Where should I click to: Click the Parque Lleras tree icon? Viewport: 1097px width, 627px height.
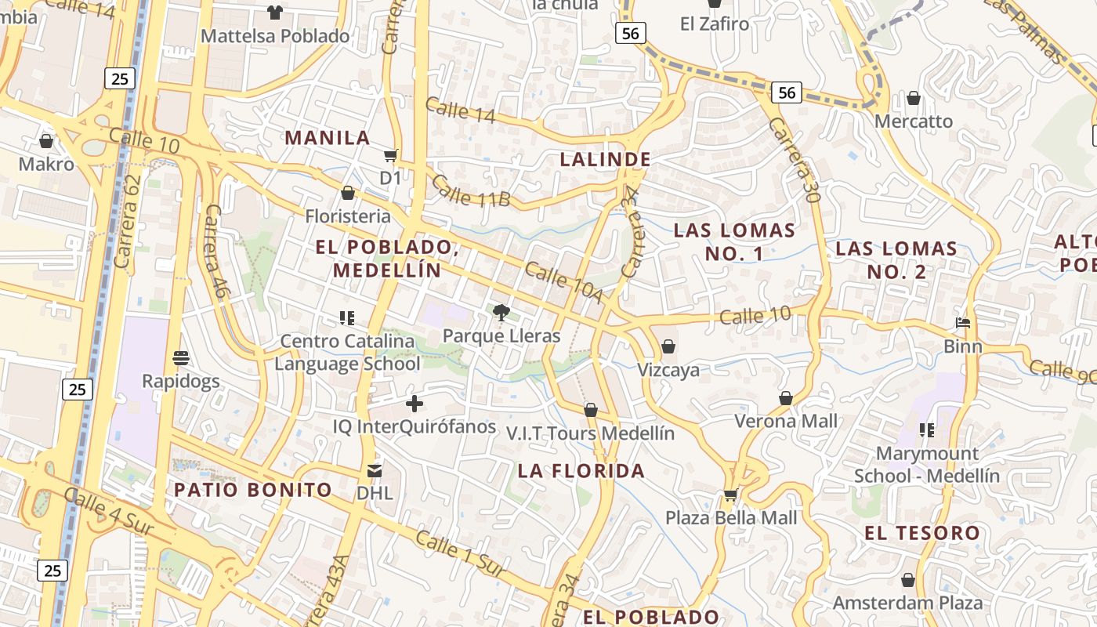point(501,313)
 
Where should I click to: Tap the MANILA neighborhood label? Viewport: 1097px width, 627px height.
point(327,138)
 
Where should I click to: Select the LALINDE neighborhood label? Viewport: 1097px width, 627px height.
point(605,159)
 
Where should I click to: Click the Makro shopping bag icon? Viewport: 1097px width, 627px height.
point(46,141)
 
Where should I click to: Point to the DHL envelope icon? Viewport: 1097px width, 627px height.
point(375,470)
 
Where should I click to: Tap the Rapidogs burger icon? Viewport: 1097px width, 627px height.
point(181,358)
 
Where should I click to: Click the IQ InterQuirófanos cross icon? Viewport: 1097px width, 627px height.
point(415,404)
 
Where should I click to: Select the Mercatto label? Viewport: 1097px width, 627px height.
point(913,121)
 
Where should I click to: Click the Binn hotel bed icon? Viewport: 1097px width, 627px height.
point(963,322)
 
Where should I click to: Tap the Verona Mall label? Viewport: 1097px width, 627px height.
point(786,421)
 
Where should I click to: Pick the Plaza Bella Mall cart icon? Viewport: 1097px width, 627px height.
point(730,495)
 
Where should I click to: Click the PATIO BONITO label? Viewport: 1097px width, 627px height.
point(253,491)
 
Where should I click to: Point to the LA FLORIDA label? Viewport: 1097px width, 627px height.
point(581,471)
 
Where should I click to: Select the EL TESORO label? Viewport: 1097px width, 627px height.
point(922,534)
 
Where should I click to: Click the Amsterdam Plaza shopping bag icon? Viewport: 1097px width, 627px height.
point(907,580)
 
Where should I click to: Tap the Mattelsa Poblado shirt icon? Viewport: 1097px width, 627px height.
point(275,12)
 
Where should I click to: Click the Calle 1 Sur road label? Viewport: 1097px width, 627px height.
point(460,554)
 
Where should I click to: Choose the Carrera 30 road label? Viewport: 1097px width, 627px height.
point(794,160)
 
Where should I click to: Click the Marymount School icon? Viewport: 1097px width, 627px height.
point(927,429)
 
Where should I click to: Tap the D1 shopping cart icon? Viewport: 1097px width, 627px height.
point(390,155)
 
